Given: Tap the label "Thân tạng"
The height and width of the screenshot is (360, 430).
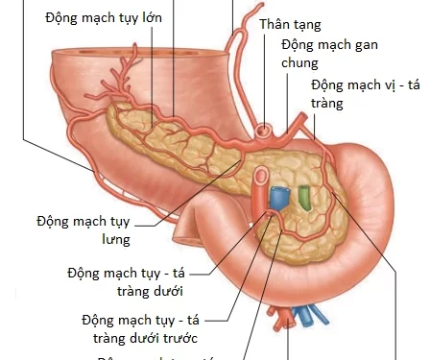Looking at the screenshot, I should click(291, 26).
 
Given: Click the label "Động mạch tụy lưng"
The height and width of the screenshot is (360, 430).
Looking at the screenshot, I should click(83, 229).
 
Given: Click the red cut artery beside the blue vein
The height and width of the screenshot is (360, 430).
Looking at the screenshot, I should click(260, 190).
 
